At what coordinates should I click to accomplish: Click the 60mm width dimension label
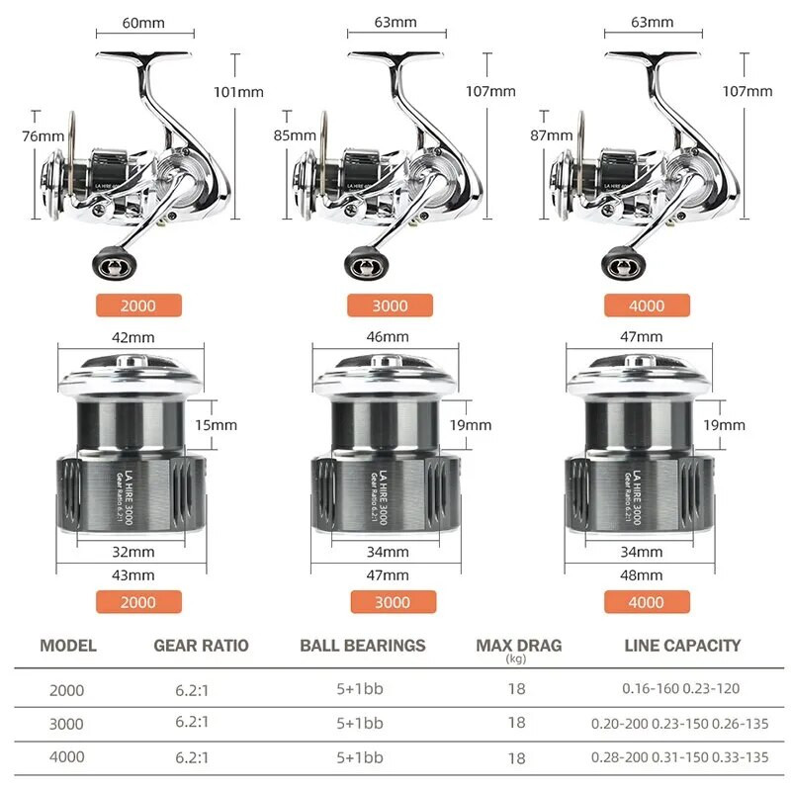[x=143, y=23]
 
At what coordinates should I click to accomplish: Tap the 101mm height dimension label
[x=238, y=92]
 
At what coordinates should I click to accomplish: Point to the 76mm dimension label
[x=43, y=136]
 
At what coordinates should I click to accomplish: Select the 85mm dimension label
[x=295, y=135]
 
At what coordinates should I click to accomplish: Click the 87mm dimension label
[x=552, y=135]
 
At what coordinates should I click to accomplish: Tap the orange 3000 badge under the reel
[x=390, y=306]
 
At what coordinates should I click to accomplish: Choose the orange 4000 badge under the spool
[x=647, y=602]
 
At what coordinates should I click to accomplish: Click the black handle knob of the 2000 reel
[x=115, y=263]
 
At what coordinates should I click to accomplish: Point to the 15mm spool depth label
[x=216, y=425]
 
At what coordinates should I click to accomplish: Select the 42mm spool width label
[x=133, y=337]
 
